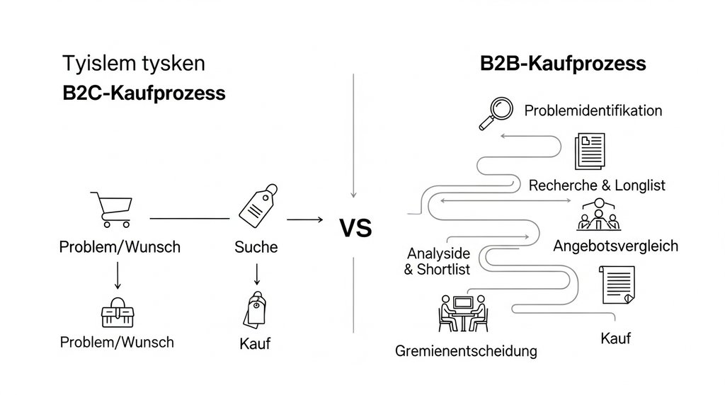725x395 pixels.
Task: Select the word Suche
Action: click(x=256, y=247)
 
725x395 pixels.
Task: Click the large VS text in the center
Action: click(x=355, y=229)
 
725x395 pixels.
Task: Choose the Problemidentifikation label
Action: click(x=593, y=111)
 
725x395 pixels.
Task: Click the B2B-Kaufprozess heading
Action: click(x=563, y=63)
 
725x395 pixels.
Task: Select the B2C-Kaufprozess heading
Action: click(x=144, y=93)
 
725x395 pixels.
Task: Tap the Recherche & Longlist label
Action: click(x=597, y=185)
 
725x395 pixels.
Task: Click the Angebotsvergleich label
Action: click(x=615, y=246)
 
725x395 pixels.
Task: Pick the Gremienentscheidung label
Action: click(x=466, y=350)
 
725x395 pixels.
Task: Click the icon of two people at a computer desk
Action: click(x=462, y=312)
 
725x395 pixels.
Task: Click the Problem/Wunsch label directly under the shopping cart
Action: click(x=120, y=247)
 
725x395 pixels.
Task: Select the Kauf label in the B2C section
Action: click(x=255, y=344)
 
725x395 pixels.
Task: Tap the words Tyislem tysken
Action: click(x=134, y=63)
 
